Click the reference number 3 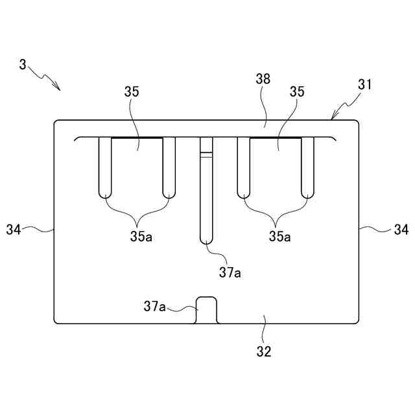23,65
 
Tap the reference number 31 364,85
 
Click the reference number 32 264,352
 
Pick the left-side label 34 14,229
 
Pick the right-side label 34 401,229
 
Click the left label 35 132,92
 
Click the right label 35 297,92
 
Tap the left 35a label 141,236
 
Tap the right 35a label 279,236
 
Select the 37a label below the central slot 230,272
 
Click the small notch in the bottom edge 206,310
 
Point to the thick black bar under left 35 136,138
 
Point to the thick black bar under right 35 275,138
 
